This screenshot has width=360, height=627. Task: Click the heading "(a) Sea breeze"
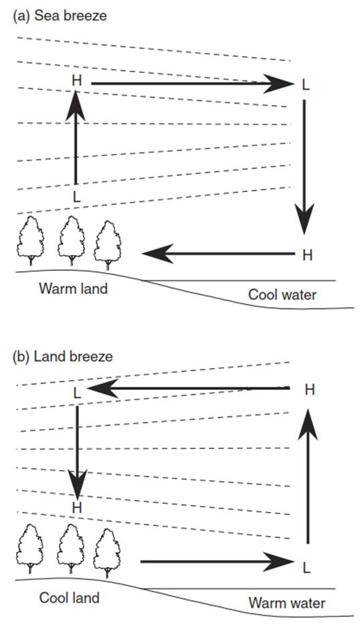point(60,16)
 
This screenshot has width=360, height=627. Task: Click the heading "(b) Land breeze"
point(63,357)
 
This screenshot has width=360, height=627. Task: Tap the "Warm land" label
point(73,288)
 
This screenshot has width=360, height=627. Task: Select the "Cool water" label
point(282,294)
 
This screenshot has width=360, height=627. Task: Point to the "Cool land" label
point(69,598)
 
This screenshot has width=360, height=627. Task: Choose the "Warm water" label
point(287,603)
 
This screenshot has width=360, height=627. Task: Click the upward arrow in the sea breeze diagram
point(76,137)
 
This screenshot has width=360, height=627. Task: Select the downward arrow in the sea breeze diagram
point(304,167)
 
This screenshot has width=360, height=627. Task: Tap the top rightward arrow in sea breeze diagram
point(193,84)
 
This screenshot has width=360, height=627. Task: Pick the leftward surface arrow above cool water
point(218,254)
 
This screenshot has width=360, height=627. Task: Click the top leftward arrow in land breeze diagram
point(188,388)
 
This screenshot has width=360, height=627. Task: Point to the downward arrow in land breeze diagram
point(77,452)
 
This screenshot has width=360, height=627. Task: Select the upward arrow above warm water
point(308,476)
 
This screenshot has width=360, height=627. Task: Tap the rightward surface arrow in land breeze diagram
point(217,561)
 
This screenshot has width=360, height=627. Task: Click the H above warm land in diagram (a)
point(76,80)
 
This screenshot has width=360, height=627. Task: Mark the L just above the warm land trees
point(77,196)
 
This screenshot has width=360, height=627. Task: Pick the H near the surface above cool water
point(307,255)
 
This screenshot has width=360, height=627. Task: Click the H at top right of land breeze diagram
point(310,389)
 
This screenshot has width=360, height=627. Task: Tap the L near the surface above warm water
point(306,567)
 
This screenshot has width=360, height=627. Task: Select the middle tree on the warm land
point(71,240)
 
